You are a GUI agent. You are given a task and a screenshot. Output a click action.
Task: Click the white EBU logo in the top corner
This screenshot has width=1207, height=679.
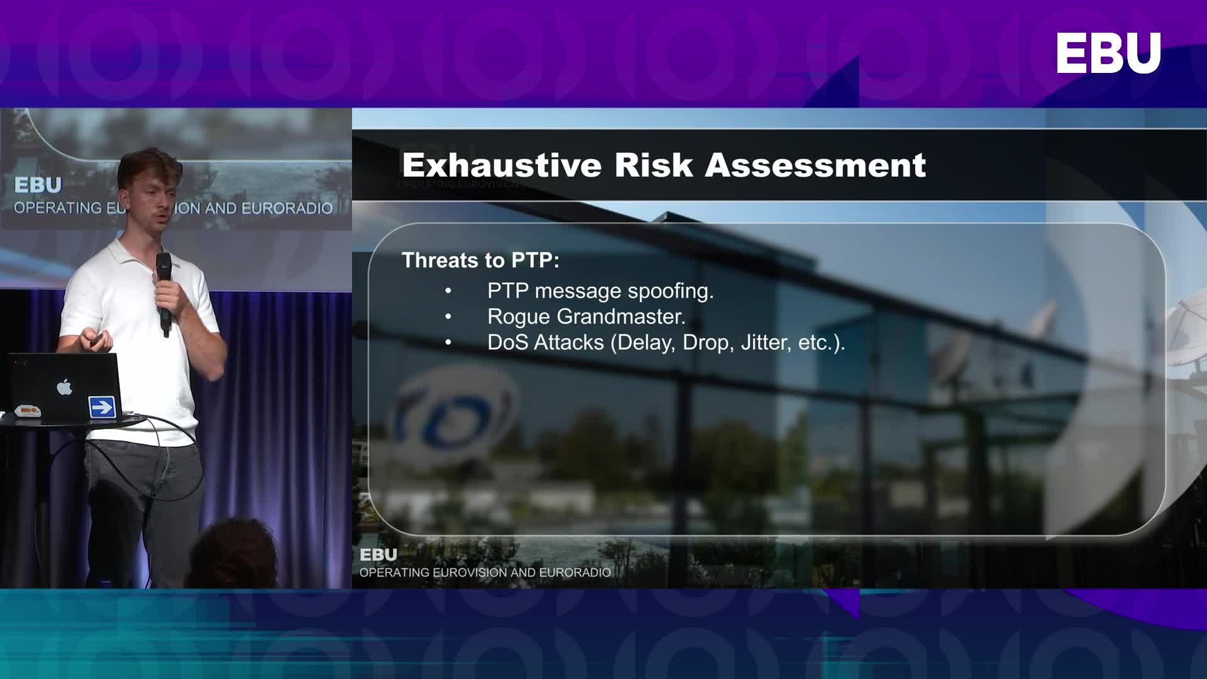point(1108,53)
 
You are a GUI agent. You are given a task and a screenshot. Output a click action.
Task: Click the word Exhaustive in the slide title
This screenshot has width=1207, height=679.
point(502,165)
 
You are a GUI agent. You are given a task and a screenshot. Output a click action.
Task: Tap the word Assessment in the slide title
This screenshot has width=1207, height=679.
point(815,165)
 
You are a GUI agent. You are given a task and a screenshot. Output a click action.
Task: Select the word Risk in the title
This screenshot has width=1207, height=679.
point(654,165)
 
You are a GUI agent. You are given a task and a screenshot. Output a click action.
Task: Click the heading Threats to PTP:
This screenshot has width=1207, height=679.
point(480,260)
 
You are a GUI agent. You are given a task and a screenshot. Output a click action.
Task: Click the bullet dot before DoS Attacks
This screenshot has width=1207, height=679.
point(448,343)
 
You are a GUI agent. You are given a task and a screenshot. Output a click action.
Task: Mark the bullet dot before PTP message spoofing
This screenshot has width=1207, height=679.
point(448,291)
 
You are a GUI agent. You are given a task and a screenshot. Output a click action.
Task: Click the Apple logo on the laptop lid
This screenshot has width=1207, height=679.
point(65,387)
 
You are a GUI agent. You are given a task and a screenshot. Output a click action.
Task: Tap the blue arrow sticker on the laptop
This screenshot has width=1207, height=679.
point(102,407)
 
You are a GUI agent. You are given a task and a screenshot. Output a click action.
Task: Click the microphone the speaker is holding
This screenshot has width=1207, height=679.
point(164,293)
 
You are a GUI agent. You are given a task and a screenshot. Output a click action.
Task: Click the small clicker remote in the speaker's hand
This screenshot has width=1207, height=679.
point(96,341)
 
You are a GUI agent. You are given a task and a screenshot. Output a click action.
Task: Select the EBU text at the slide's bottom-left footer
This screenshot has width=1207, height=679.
point(378,555)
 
